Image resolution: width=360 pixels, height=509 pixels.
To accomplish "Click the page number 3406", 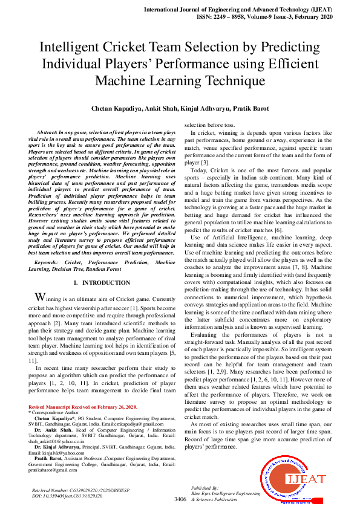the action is tap(180, 499).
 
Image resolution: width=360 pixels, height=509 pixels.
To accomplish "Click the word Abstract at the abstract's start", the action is tap(47, 132).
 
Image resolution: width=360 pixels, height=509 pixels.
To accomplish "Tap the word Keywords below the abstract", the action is tap(48, 263).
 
